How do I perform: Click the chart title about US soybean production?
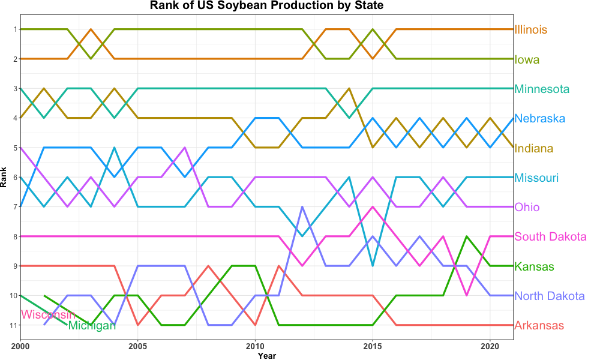pyautogui.click(x=266, y=6)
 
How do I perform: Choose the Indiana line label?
pyautogui.click(x=534, y=148)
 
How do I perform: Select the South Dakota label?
pyautogui.click(x=550, y=237)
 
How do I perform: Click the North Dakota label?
pyautogui.click(x=550, y=296)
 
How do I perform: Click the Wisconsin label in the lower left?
pyautogui.click(x=48, y=315)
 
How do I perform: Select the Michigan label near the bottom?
pyautogui.click(x=92, y=326)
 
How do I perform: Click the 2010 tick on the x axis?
pyautogui.click(x=256, y=346)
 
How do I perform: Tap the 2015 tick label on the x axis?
pyautogui.click(x=373, y=346)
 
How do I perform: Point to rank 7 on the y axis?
pyautogui.click(x=14, y=207)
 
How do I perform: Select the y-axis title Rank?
pyautogui.click(x=4, y=177)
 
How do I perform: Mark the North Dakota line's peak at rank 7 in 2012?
pyautogui.click(x=302, y=207)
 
